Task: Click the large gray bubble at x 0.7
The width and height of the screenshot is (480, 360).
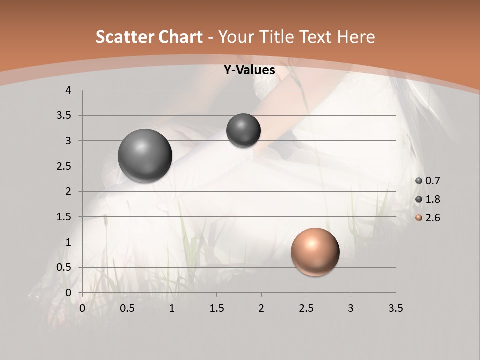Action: click(145, 156)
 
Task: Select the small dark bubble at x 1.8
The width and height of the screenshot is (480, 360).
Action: click(243, 130)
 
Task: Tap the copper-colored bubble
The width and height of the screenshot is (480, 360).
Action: click(315, 252)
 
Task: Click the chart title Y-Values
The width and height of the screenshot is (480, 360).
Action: click(249, 70)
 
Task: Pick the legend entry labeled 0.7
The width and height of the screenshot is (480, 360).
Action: click(428, 181)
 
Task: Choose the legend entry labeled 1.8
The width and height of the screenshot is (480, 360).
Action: click(428, 199)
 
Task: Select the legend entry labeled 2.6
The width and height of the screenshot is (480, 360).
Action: click(428, 218)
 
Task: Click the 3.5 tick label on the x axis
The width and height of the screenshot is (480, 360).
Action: click(395, 308)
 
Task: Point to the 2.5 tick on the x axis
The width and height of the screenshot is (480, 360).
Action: click(306, 308)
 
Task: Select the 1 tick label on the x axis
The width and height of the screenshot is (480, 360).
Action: click(172, 308)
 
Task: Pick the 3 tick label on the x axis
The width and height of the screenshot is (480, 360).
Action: click(351, 308)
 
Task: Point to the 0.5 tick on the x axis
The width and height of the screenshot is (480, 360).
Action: click(127, 308)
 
